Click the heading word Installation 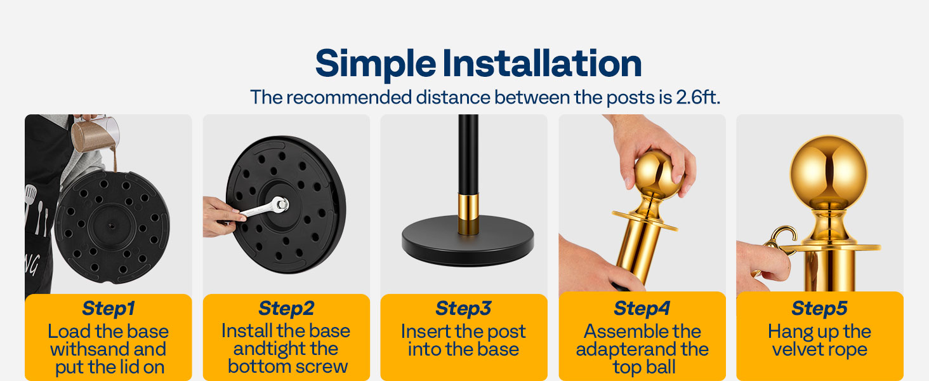click(x=542, y=63)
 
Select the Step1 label click(x=109, y=309)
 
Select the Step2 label click(x=286, y=309)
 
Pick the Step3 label click(x=463, y=309)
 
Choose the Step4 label click(x=642, y=309)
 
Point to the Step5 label click(x=819, y=309)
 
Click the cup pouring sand click(x=95, y=133)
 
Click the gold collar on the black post click(x=468, y=213)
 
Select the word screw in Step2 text click(x=324, y=367)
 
